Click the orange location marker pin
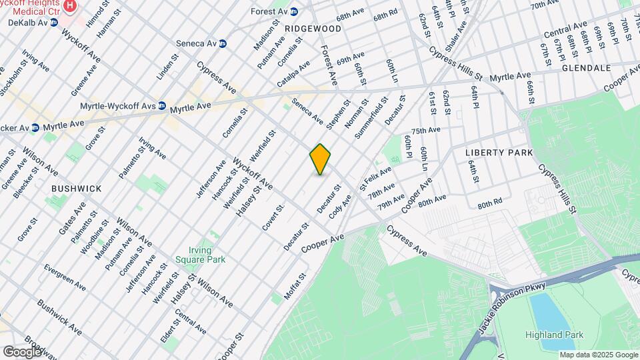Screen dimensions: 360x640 click(321, 159)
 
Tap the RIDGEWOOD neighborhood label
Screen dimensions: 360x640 click(313, 29)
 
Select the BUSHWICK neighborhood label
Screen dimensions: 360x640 click(77, 189)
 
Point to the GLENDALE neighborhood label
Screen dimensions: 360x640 click(586, 68)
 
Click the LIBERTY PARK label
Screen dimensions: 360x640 click(499, 153)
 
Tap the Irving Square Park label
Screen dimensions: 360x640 click(201, 255)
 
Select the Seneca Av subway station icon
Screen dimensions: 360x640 click(223, 43)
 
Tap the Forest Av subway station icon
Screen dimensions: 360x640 click(293, 11)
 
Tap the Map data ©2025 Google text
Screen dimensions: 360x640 click(598, 355)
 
